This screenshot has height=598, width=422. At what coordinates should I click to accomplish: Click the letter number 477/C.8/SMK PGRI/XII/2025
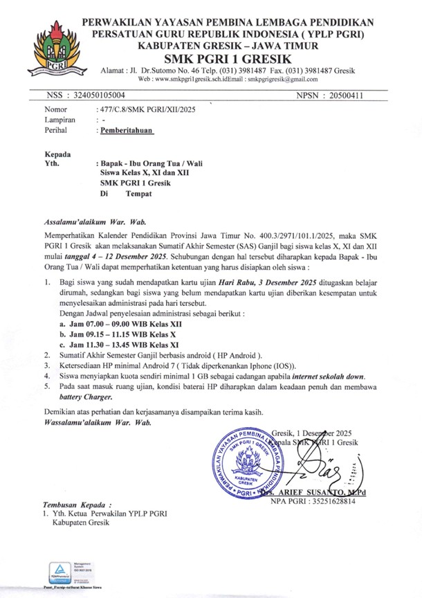pos(146,110)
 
